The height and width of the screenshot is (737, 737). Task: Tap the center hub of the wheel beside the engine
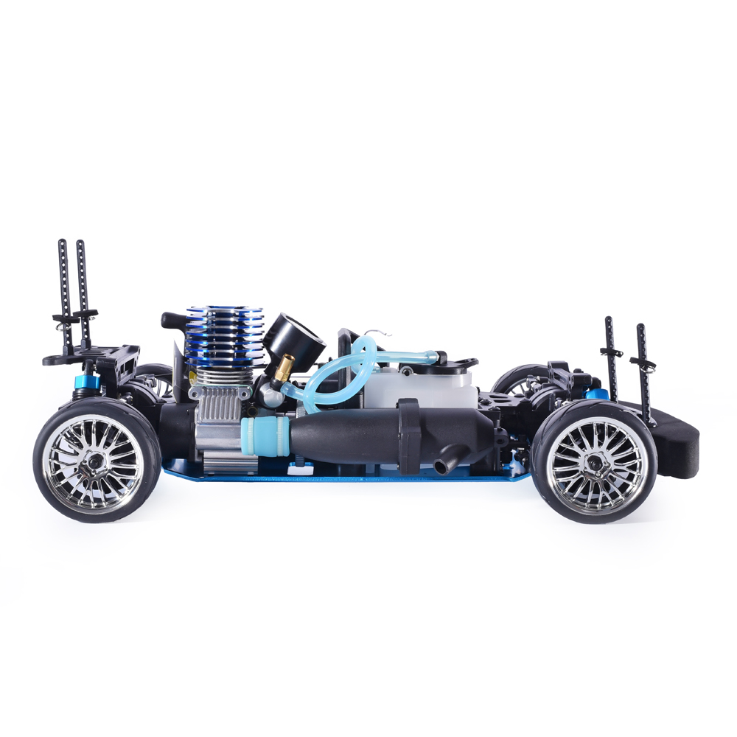pyautogui.click(x=96, y=461)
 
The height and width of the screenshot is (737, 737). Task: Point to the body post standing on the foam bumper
pyautogui.click(x=644, y=376)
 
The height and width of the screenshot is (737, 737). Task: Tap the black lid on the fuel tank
pyautogui.click(x=457, y=363)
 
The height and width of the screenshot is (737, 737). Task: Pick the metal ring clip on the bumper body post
pyautogui.click(x=638, y=360)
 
